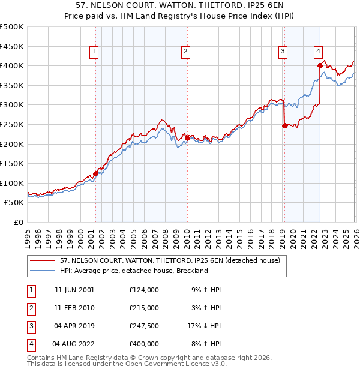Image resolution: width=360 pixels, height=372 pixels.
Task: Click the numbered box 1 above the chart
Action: point(95,52)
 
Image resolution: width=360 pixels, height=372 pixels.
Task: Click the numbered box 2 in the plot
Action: point(186,52)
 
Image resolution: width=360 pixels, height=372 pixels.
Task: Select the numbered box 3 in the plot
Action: point(283,52)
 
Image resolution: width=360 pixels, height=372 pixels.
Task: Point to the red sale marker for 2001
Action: point(95,173)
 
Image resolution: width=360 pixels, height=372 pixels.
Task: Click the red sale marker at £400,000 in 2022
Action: point(320,65)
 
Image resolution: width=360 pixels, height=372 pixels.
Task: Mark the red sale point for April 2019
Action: point(284,125)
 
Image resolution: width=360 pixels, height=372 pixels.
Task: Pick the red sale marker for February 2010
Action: point(187,138)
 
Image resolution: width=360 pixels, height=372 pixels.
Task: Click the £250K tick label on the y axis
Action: point(12,124)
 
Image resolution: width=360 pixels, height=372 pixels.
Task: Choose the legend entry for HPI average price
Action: point(133,271)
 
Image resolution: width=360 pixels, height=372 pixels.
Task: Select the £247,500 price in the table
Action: point(144,326)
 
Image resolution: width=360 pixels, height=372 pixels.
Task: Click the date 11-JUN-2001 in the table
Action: point(74,290)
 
